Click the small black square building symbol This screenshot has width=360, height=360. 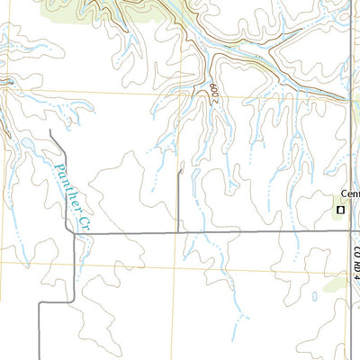pyautogui.click(x=340, y=210)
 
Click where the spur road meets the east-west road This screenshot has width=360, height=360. pyautogui.click(x=179, y=233)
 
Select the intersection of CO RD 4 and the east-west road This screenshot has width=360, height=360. pyautogui.click(x=350, y=233)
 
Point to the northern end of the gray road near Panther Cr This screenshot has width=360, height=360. pyautogui.click(x=50, y=131)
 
